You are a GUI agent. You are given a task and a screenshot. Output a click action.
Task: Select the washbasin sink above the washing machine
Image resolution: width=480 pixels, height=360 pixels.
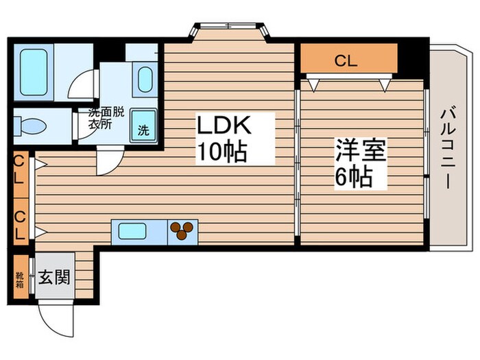tap(145, 80)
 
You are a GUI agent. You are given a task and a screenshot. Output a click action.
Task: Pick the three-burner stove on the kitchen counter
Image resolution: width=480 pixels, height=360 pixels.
tap(182, 231)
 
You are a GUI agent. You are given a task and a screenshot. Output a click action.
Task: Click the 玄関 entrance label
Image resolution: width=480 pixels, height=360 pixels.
tap(54, 279)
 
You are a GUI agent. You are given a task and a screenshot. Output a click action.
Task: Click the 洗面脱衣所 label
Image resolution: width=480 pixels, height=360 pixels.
tap(105, 118)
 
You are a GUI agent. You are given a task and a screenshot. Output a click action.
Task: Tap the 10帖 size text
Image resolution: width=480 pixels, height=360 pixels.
tap(221, 152)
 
